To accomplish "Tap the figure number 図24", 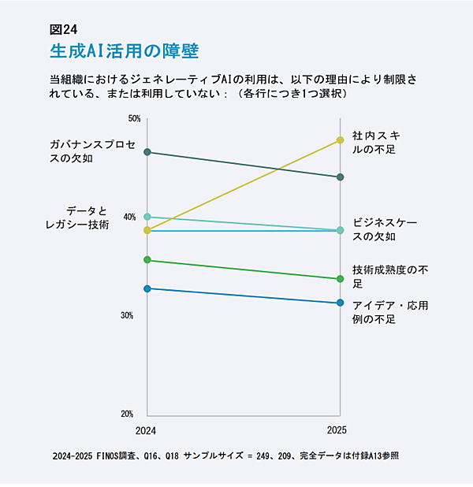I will point(63,30).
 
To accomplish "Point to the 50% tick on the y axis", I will point(134,119).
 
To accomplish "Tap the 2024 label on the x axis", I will point(146,430).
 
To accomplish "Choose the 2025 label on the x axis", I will point(337,430).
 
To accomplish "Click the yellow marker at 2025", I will point(340,140).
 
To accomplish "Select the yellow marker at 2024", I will point(147,230).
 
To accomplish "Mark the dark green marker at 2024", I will point(147,152).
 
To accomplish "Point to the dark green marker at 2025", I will point(340,177).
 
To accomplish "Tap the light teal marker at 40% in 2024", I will point(147,217).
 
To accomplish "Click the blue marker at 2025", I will point(340,303).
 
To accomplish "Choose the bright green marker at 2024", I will point(147,260).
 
